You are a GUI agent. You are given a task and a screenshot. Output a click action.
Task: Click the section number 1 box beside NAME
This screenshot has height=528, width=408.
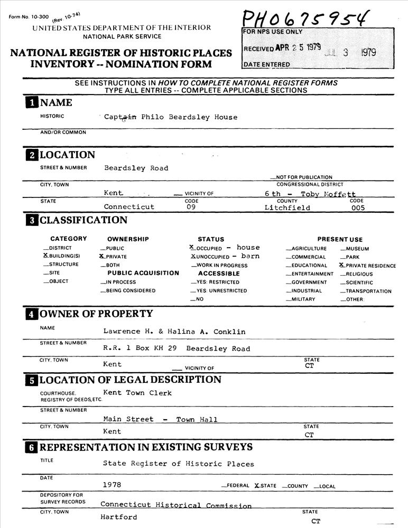tap(32, 102)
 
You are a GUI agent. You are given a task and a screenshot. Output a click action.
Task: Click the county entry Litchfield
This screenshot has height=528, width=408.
tap(287, 208)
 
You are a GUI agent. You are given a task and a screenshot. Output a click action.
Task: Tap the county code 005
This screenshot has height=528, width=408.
tap(358, 208)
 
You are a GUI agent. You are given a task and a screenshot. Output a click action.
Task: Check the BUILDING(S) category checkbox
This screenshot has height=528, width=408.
tap(46, 256)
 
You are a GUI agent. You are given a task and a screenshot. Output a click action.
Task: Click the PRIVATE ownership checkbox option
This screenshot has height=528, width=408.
tap(102, 256)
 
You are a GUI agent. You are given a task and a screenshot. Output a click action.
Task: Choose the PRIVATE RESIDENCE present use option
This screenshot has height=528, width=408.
tap(342, 265)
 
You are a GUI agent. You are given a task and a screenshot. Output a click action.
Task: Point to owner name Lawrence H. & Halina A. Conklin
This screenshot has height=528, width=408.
tap(174, 332)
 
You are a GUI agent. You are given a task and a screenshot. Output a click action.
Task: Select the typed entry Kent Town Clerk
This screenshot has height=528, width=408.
tap(137, 392)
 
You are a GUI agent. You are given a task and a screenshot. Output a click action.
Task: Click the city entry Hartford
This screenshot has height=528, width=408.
tap(119, 517)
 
